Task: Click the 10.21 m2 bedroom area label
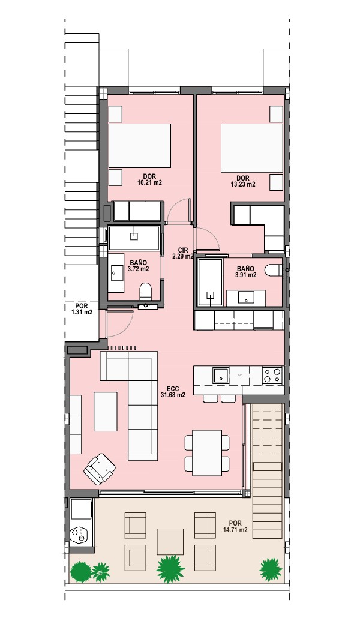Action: click(149, 179)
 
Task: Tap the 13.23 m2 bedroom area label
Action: click(242, 181)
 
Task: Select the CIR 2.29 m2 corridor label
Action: click(183, 253)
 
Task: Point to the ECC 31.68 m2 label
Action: click(173, 392)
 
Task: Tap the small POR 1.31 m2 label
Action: click(82, 309)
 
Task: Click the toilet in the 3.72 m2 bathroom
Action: click(146, 291)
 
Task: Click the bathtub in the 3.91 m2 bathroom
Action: click(209, 282)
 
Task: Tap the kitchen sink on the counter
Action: click(221, 375)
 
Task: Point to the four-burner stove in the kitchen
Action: click(272, 375)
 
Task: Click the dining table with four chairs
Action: click(207, 453)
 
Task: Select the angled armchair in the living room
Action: click(100, 469)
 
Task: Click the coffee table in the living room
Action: click(106, 412)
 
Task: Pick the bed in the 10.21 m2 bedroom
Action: click(140, 146)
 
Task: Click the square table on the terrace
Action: click(170, 542)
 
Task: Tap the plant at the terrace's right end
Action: click(271, 569)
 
